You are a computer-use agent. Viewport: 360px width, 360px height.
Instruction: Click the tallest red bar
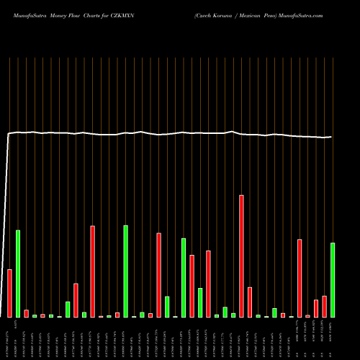(241, 256)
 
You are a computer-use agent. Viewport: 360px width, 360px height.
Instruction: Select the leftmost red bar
(9, 293)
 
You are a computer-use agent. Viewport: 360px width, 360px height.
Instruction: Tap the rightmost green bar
(333, 280)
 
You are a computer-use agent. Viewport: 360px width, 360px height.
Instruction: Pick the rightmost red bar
(324, 306)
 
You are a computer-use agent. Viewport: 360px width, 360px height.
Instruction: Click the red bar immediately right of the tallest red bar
(250, 302)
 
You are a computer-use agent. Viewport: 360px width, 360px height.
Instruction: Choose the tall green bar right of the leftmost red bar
(18, 274)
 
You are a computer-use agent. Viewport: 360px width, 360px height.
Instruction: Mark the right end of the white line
(331, 137)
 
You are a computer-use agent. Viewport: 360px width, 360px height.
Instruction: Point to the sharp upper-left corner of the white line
(9, 133)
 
